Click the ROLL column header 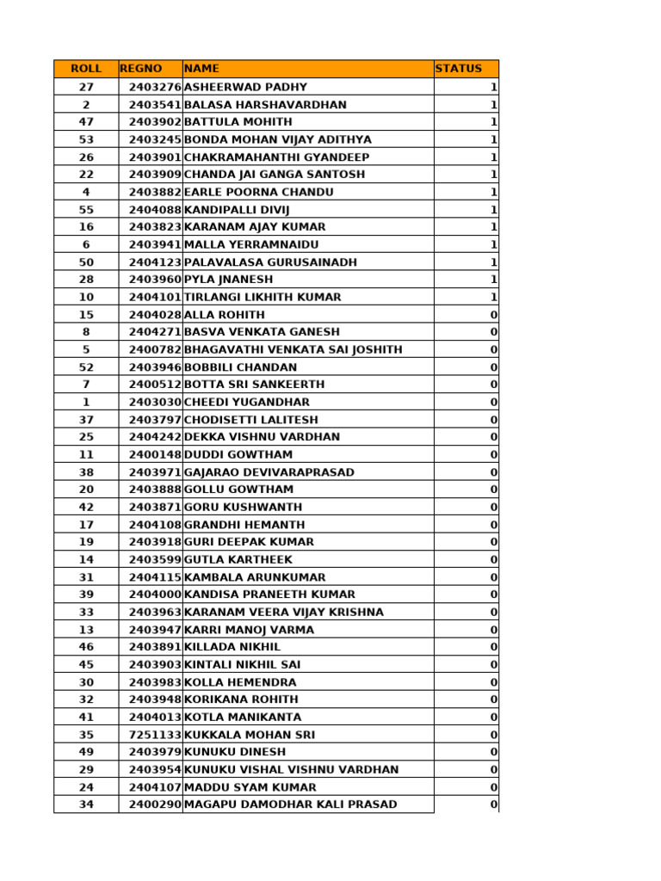[86, 69]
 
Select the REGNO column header [141, 69]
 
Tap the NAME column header [202, 69]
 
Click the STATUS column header [459, 69]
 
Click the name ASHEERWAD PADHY [245, 87]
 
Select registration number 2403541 [155, 105]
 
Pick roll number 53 [86, 139]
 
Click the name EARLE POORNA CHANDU [258, 192]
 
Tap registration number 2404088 [155, 210]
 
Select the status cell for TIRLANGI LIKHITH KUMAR [494, 297]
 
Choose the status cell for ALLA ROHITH [494, 315]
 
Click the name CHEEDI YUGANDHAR [247, 402]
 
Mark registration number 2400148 [155, 454]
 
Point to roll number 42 [86, 508]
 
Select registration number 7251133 [155, 735]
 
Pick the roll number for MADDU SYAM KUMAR [86, 787]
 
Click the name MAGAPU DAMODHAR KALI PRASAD [290, 804]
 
